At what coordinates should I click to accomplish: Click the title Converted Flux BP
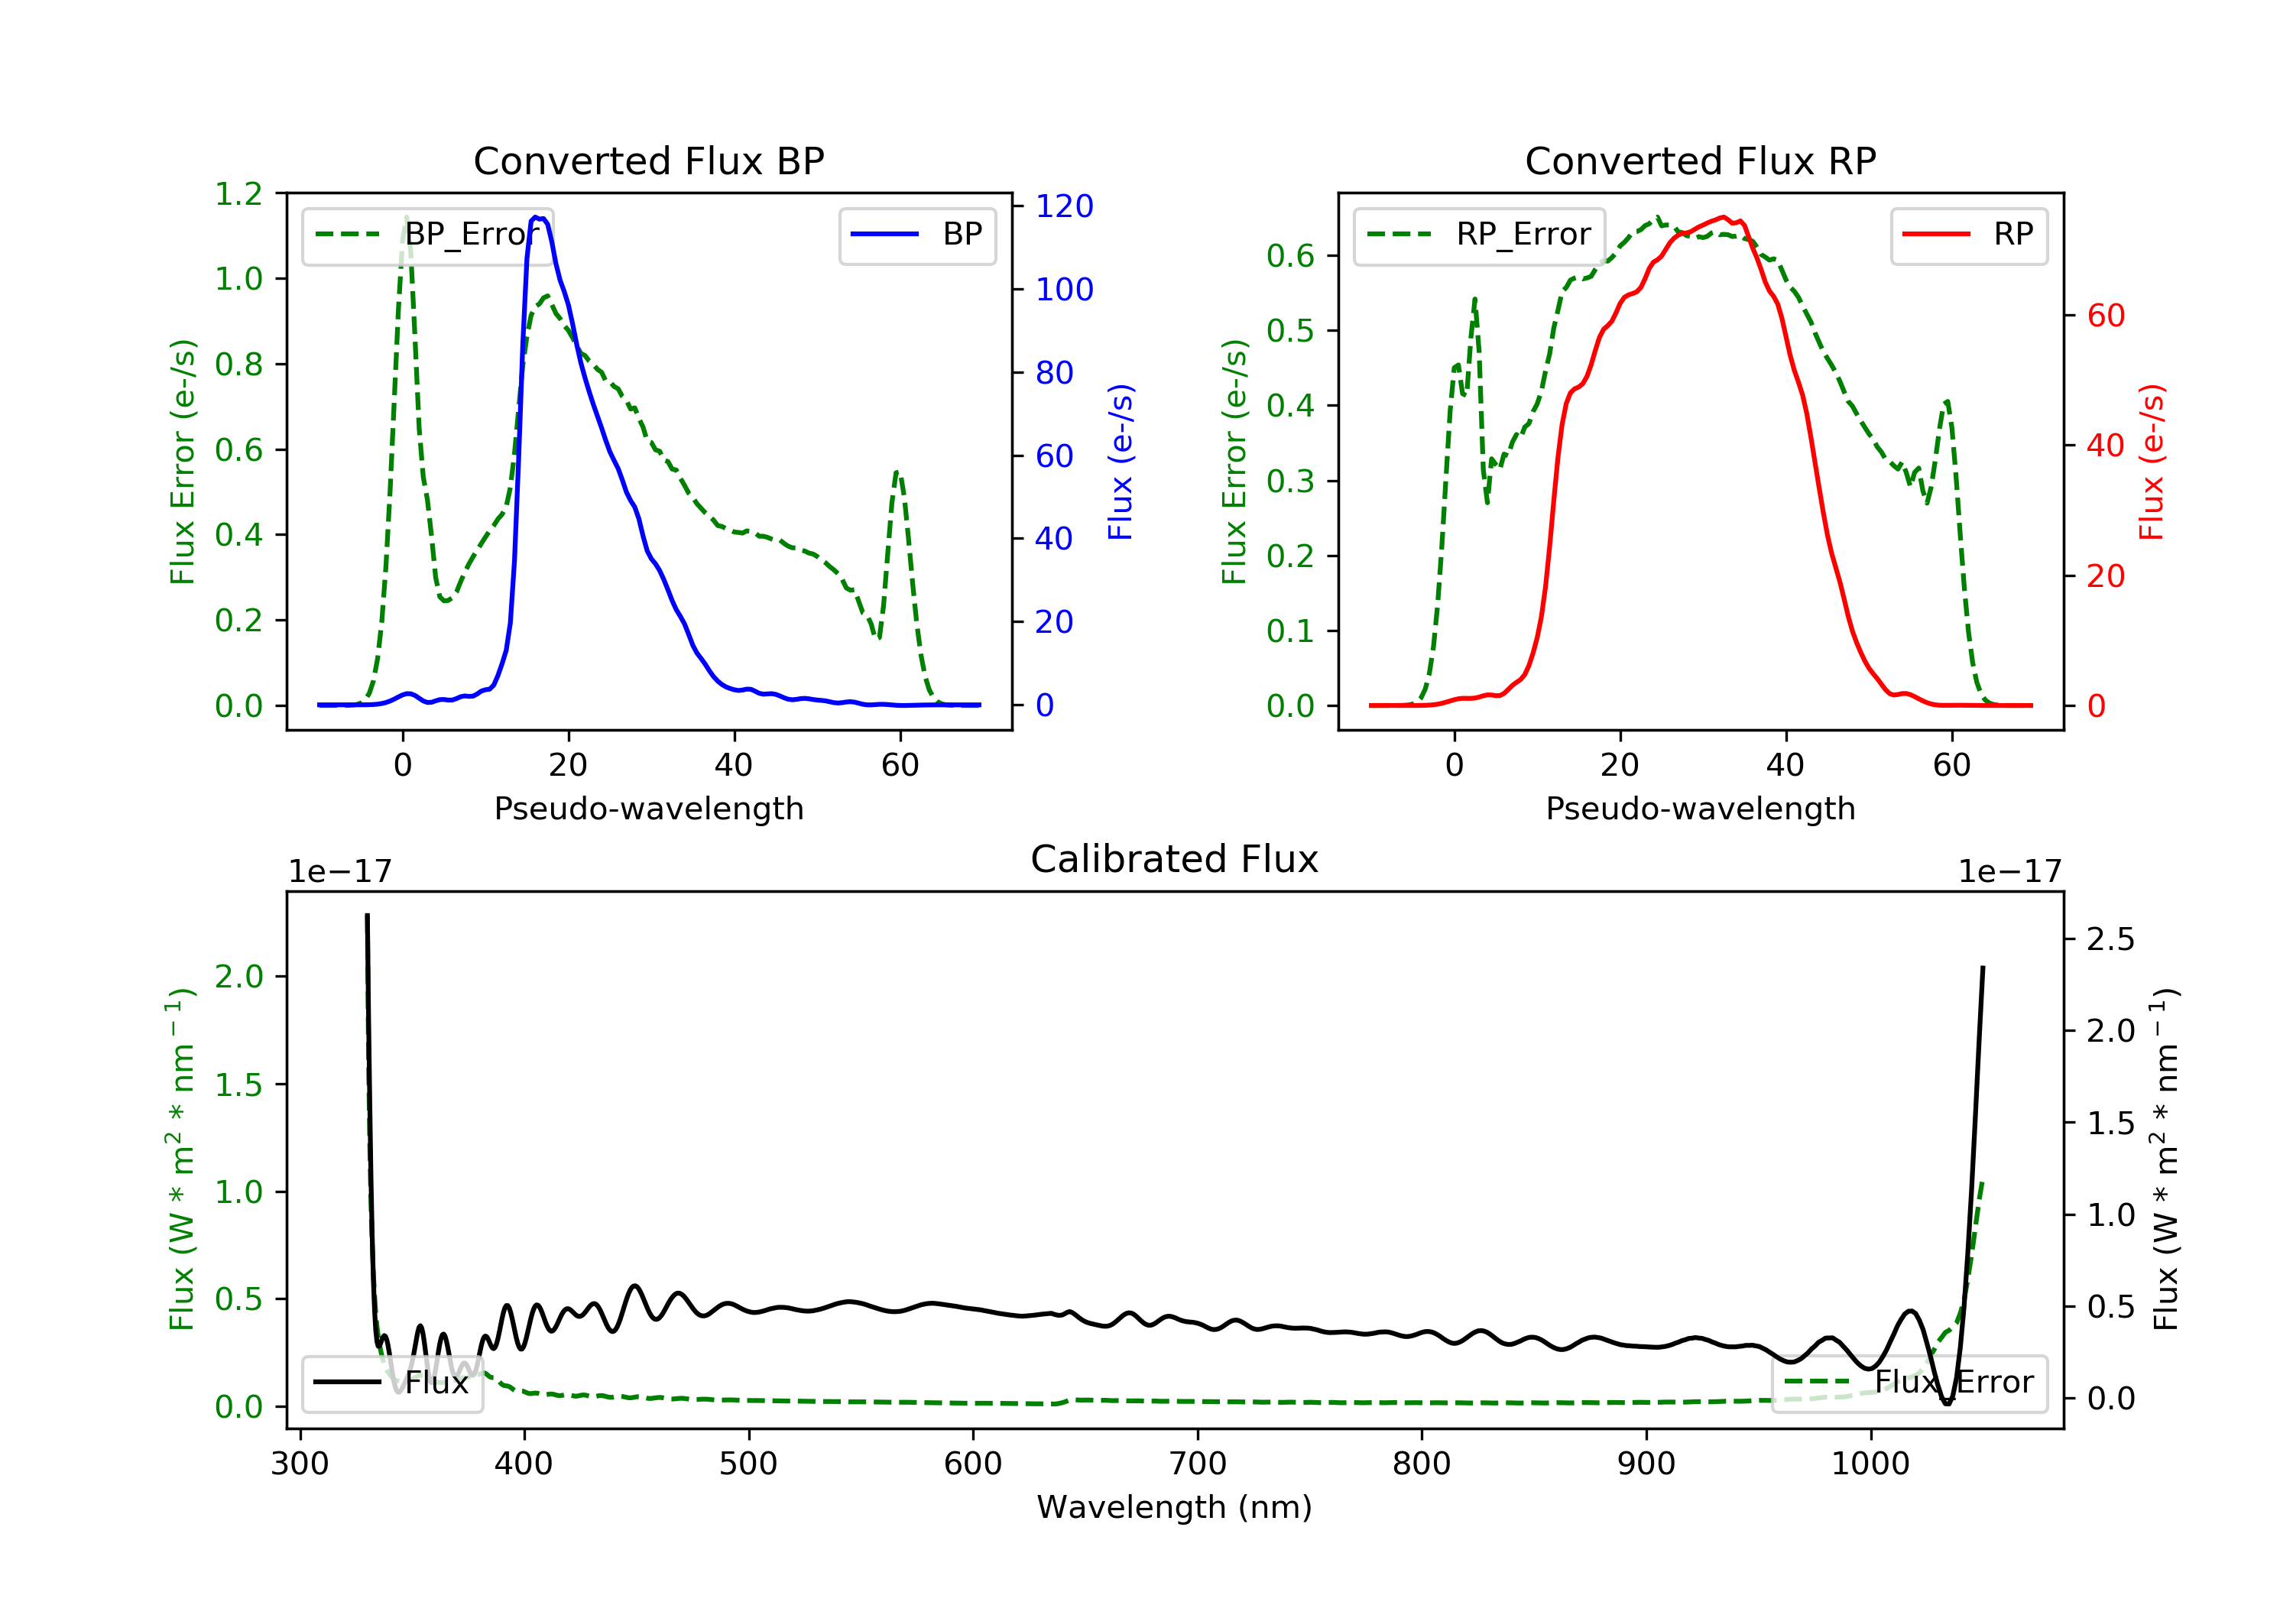pyautogui.click(x=648, y=160)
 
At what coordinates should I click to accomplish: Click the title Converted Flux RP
pyautogui.click(x=1700, y=160)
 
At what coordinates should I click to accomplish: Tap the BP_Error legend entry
pyautogui.click(x=427, y=235)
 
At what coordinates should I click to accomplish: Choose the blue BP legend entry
pyautogui.click(x=916, y=235)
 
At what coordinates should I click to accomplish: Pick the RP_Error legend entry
pyautogui.click(x=1479, y=235)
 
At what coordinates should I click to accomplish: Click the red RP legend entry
pyautogui.click(x=1968, y=235)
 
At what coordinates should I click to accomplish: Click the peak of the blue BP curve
pyautogui.click(x=537, y=217)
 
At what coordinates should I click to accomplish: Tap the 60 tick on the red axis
pyautogui.click(x=2105, y=316)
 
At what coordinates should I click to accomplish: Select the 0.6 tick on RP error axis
pyautogui.click(x=1290, y=256)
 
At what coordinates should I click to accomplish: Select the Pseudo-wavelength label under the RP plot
pyautogui.click(x=1700, y=808)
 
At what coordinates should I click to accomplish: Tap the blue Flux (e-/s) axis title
pyautogui.click(x=1121, y=462)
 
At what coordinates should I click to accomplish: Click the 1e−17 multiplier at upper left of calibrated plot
pyautogui.click(x=339, y=871)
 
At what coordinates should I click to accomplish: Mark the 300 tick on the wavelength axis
pyautogui.click(x=300, y=1464)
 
